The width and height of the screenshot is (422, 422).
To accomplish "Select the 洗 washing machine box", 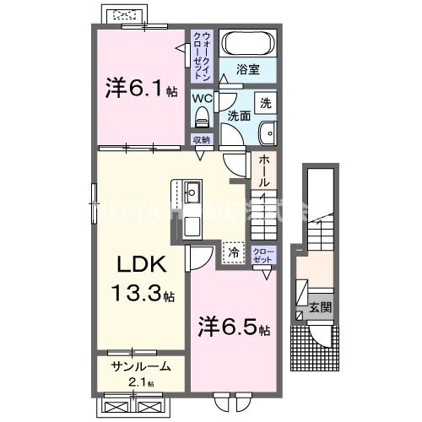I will (265, 103).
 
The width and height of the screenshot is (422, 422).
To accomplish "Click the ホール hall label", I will (264, 170).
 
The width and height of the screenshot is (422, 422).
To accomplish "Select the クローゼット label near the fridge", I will (263, 256).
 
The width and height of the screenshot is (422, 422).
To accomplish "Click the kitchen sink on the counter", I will (191, 188).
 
